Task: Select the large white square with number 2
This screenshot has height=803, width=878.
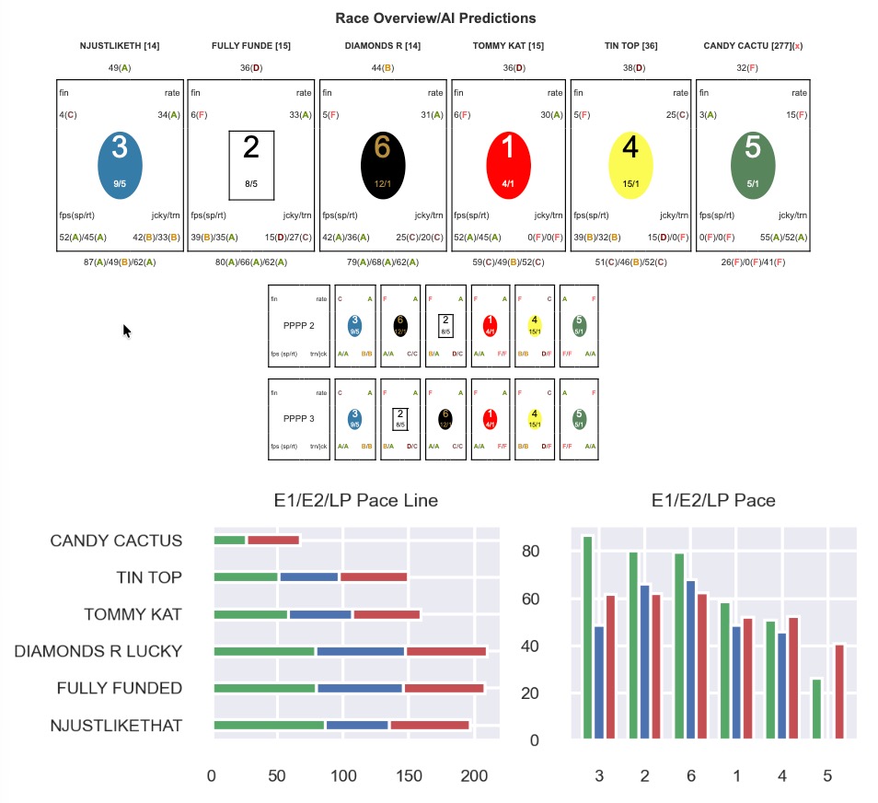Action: click(251, 165)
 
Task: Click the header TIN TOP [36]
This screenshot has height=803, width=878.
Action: click(630, 45)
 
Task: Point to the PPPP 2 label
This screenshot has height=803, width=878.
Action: click(299, 325)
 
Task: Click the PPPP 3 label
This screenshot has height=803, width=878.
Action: click(299, 419)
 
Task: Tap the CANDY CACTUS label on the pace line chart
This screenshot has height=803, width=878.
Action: click(116, 541)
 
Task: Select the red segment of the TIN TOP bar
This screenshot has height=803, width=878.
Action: click(373, 577)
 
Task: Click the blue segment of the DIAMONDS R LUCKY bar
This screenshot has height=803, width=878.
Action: click(361, 652)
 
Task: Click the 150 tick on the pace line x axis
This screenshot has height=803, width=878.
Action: click(409, 776)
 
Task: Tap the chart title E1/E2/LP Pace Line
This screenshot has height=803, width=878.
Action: click(355, 501)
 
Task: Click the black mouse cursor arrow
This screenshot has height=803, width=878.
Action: click(127, 331)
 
